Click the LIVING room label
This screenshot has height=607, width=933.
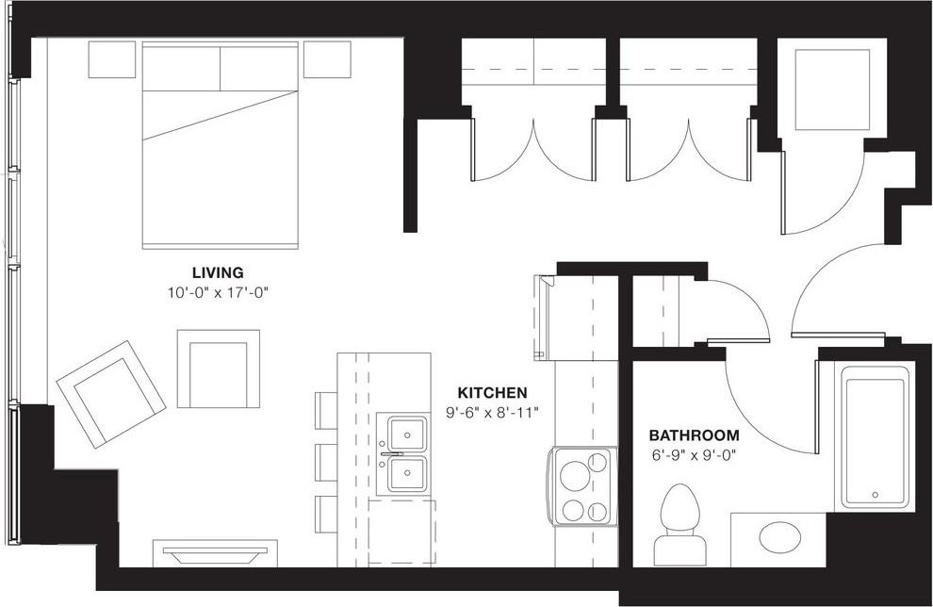pos(218,273)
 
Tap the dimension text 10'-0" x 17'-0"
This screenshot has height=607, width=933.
pos(218,292)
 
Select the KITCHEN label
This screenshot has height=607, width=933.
pos(492,393)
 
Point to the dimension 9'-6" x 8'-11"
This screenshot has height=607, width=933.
pos(492,412)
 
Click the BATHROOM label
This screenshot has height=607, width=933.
pos(694,435)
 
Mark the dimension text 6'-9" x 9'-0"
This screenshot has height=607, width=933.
pos(694,454)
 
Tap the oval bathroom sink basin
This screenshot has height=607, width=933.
pos(779,538)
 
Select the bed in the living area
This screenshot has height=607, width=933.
pos(220,146)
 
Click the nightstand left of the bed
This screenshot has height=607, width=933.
pos(112,59)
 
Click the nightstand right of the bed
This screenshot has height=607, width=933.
pos(327,59)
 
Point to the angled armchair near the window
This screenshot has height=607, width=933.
pos(110,394)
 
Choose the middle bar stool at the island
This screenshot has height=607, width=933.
pos(326,462)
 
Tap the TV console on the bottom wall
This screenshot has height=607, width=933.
pos(215,552)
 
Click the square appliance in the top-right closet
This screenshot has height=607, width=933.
pos(831,90)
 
